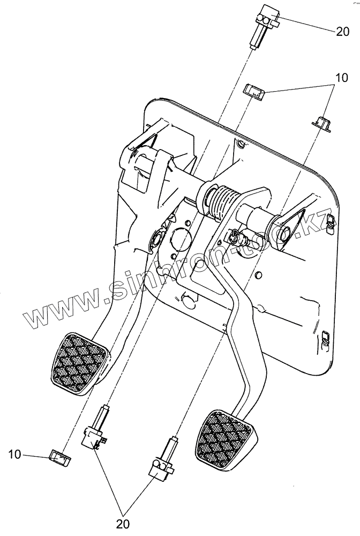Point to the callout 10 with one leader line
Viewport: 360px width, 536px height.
(15, 455)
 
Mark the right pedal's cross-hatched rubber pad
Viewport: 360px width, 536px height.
(225, 438)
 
